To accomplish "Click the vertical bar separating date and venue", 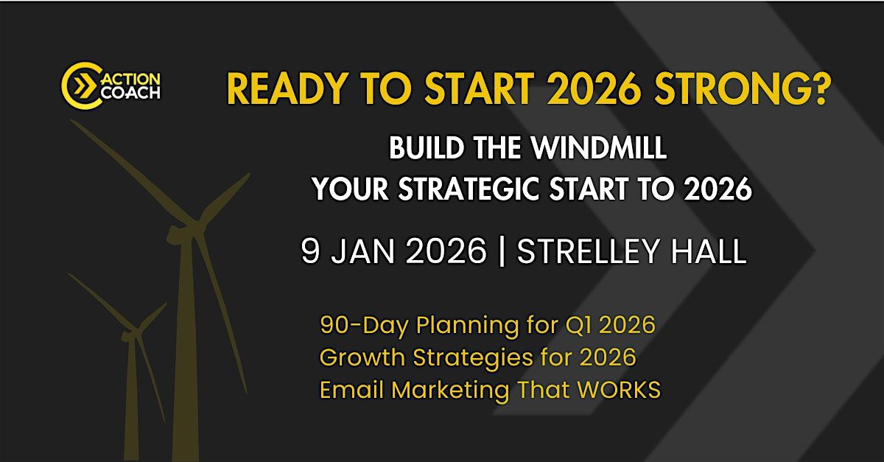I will (502, 252).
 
